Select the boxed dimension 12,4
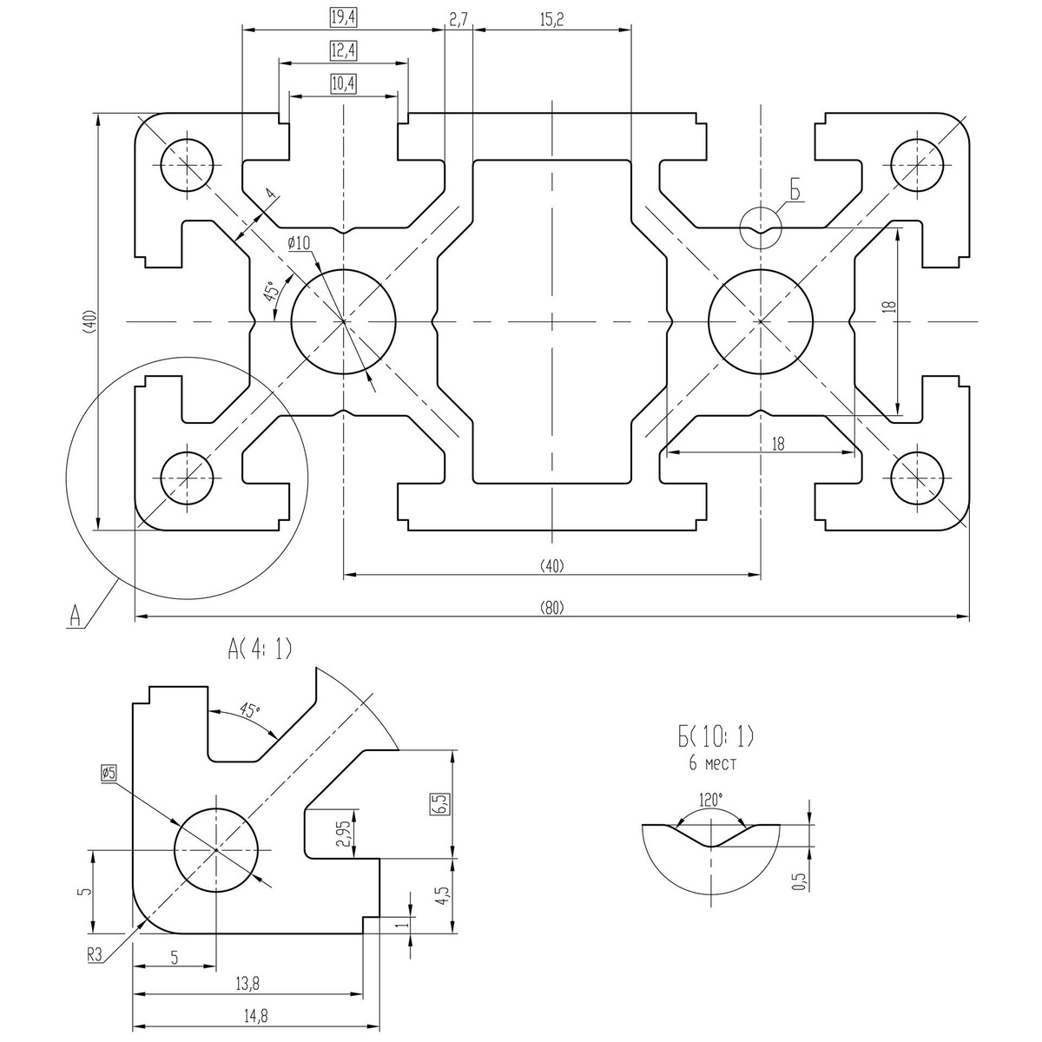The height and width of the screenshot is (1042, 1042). [344, 51]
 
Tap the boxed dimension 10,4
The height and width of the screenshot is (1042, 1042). [344, 83]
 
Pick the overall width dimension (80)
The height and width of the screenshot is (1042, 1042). [552, 607]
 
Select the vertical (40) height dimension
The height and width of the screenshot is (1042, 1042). [88, 321]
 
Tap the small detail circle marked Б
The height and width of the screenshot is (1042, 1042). [761, 228]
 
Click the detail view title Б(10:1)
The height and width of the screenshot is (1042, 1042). [716, 738]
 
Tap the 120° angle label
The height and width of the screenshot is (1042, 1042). [710, 800]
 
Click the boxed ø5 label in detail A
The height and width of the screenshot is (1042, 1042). [109, 772]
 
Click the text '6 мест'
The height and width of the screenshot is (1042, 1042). [712, 764]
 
